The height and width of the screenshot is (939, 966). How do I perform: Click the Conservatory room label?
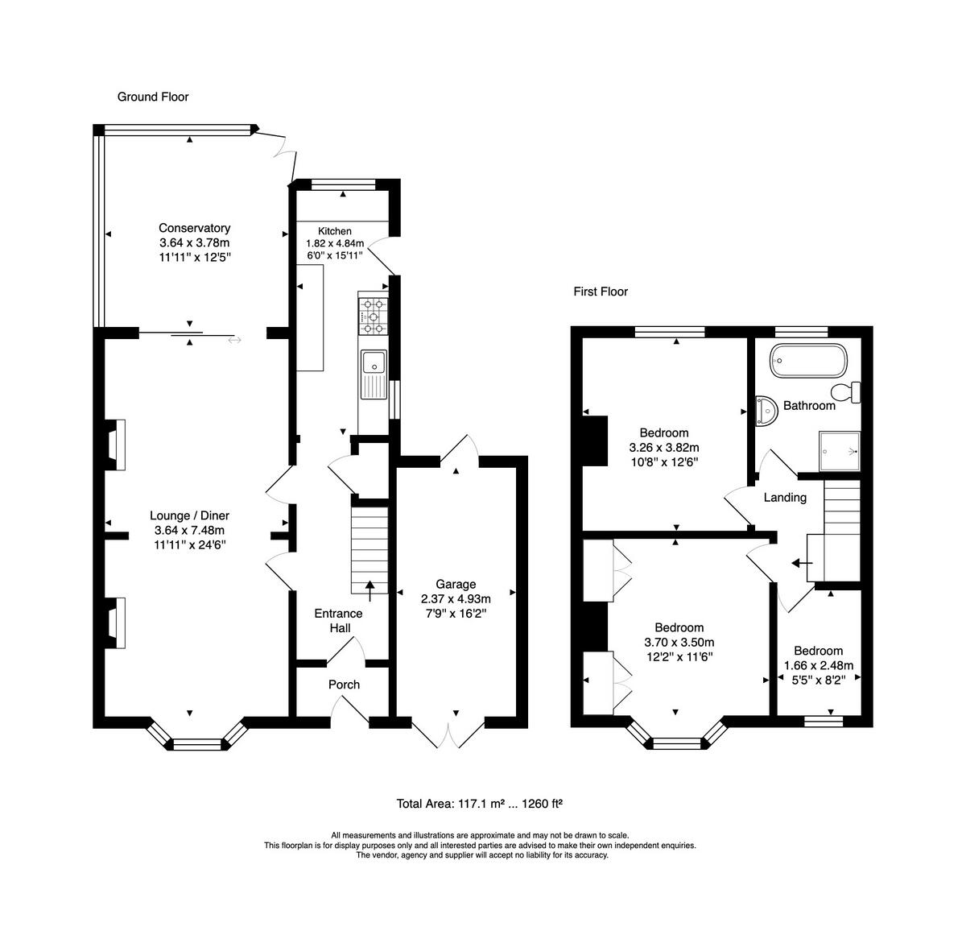[x=195, y=228]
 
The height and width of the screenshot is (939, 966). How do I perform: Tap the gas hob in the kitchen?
[x=373, y=316]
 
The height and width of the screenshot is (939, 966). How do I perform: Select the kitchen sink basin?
[x=374, y=362]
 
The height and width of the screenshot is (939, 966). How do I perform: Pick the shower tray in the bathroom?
[x=840, y=451]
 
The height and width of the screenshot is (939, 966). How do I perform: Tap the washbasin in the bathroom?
[x=765, y=411]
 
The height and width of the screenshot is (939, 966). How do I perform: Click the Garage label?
[x=456, y=584]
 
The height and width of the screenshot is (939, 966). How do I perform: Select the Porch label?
[x=344, y=685]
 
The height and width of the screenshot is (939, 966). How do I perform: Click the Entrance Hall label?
[x=339, y=621]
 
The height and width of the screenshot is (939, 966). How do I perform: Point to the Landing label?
[x=785, y=498]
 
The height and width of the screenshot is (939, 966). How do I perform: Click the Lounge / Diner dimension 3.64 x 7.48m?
[x=190, y=531]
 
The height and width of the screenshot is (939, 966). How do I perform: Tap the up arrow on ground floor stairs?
[x=369, y=591]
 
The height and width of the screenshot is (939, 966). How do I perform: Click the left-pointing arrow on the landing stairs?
[x=801, y=563]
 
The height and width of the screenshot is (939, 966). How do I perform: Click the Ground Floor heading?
[x=153, y=97]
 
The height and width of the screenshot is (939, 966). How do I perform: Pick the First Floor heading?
[x=601, y=292]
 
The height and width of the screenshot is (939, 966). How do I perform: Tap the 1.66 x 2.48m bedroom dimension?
[x=819, y=665]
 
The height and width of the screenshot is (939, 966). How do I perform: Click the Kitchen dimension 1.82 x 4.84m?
[x=335, y=243]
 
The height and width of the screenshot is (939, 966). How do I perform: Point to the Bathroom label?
[x=809, y=406]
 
